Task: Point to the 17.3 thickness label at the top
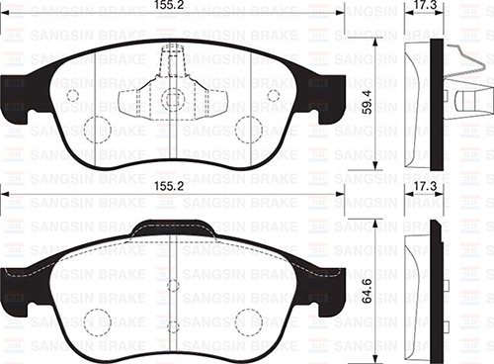(426, 6)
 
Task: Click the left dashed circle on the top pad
(97, 129)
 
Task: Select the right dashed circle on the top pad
(249, 129)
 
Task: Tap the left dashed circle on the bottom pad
(97, 322)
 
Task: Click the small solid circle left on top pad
(72, 96)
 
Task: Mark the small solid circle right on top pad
(274, 96)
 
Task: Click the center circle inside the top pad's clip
(173, 99)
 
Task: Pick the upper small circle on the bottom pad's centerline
(173, 285)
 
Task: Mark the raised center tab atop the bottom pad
(173, 227)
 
